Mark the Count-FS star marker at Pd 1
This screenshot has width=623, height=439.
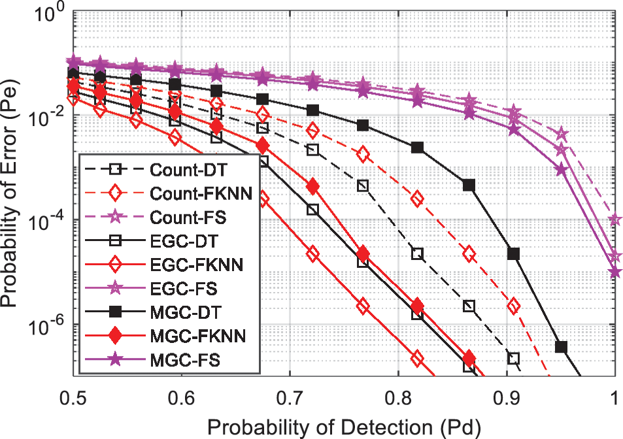[x=614, y=220]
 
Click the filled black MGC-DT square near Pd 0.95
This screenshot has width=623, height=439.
[x=561, y=347]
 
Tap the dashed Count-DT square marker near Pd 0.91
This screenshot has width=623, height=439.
[x=513, y=358]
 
